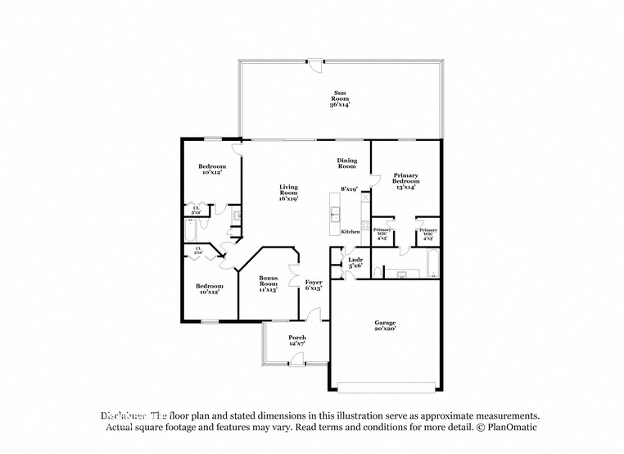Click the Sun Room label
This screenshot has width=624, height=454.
[x=340, y=99]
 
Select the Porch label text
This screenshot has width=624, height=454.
[x=296, y=341]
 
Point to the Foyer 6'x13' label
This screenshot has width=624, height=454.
[x=313, y=284]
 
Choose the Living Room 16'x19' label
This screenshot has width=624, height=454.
[x=287, y=193]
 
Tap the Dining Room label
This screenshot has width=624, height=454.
[x=347, y=164]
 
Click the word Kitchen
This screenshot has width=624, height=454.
[x=350, y=232]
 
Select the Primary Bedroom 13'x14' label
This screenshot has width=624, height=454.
[x=406, y=181]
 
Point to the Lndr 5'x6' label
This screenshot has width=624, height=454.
[x=355, y=262]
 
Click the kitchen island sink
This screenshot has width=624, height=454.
[x=335, y=216]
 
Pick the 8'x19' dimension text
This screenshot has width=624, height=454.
[x=350, y=189]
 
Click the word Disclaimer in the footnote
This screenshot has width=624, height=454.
[x=124, y=415]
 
